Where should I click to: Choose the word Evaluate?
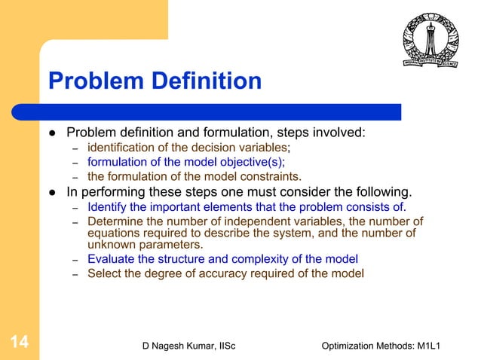coord(112,258)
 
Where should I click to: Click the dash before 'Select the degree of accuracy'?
coord(75,273)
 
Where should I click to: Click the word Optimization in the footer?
coord(353,345)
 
